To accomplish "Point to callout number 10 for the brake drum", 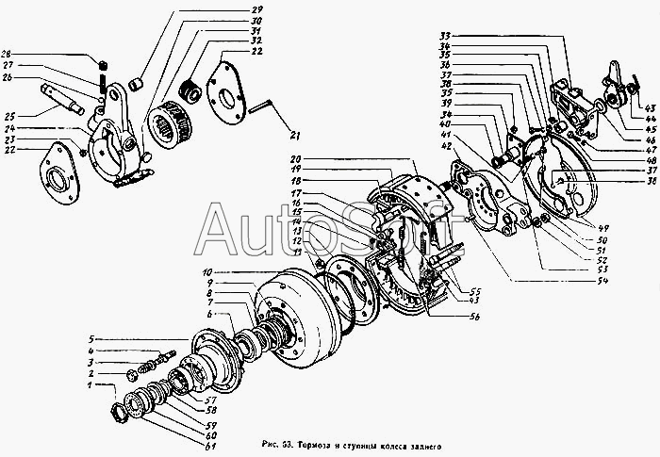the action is [x=206, y=272].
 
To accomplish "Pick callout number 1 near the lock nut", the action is [x=90, y=386].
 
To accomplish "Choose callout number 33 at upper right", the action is [x=443, y=36].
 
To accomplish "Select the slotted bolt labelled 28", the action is [x=103, y=64].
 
